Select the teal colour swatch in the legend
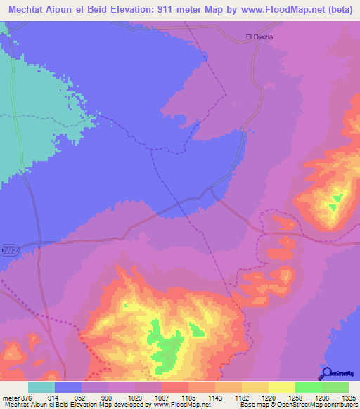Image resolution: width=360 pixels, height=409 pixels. [x=41, y=387]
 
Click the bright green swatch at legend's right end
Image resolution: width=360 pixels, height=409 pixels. [x=335, y=387]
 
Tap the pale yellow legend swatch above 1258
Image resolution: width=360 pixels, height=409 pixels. [x=281, y=387]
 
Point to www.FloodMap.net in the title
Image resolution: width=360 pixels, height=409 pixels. [x=257, y=11]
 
